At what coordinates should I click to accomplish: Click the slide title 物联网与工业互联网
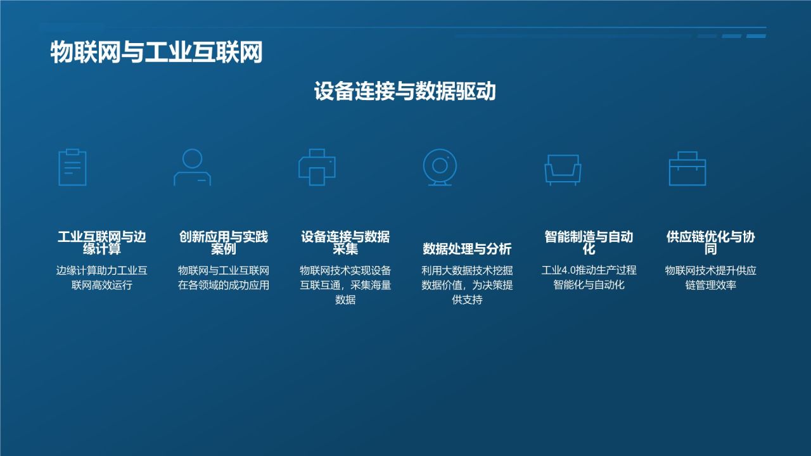156,53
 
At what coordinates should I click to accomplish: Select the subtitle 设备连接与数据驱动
405,91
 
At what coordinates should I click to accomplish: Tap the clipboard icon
72,167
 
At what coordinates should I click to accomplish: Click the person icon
192,167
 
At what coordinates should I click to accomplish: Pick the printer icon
317,167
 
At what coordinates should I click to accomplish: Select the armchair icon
563,170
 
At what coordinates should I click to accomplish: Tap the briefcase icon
687,168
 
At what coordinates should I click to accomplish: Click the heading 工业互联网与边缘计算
102,243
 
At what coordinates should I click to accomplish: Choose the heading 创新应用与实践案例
224,243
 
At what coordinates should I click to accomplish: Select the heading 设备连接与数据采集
345,243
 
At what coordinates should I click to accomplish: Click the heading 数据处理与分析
467,248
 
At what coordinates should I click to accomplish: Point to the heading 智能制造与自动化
589,243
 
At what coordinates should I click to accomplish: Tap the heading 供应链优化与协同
711,243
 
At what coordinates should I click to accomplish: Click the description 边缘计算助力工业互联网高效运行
102,277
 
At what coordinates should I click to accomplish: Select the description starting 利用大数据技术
467,285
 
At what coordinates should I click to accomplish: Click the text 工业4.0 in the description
558,270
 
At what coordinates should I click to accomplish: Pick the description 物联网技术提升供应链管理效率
711,277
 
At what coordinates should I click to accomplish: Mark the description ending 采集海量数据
345,285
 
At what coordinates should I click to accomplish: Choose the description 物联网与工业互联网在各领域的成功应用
224,277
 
